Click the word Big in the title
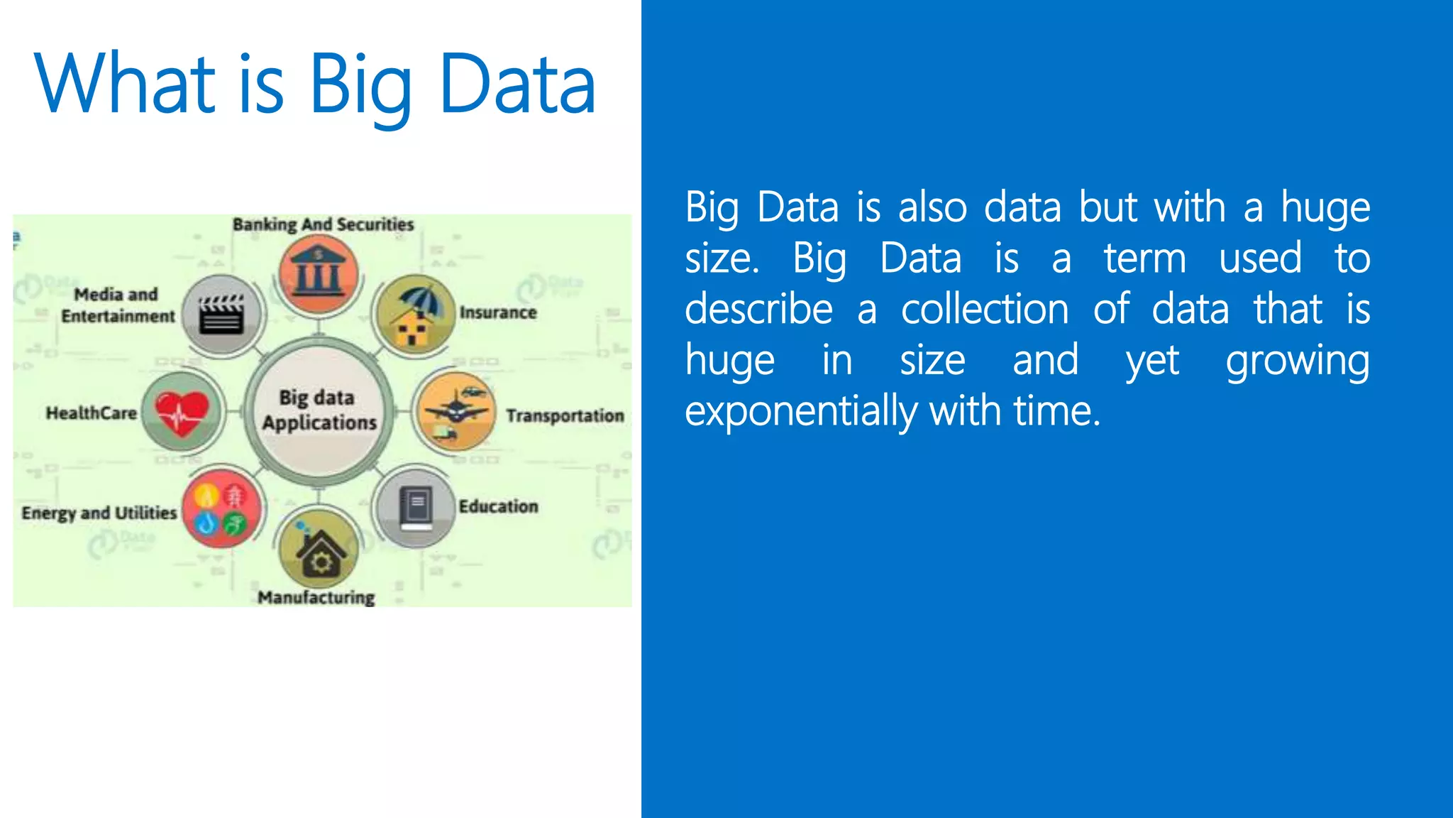pos(360,85)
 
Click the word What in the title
pos(125,84)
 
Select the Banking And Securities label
pos(323,224)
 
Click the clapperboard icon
pos(221,315)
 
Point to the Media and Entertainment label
pos(117,305)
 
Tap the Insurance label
pos(498,312)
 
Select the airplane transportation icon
pos(455,411)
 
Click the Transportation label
pos(565,415)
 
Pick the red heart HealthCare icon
pos(182,412)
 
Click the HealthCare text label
pos(91,413)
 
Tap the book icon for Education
pos(416,507)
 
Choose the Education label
pos(498,506)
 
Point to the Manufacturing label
pos(316,597)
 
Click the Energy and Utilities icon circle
pos(221,508)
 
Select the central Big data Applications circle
pos(319,410)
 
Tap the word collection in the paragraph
pos(984,310)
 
